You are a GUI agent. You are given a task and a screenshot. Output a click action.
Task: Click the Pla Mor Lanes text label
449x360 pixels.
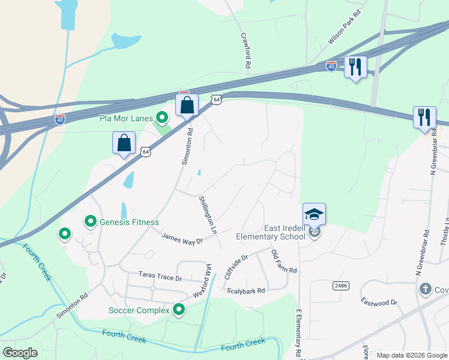tap(126, 118)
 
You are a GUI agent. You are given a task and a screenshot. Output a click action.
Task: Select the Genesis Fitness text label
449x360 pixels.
tap(129, 222)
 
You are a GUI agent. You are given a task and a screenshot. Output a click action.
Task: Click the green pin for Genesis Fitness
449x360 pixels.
tap(91, 222)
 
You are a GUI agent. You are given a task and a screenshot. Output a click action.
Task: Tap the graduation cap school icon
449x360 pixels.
tap(314, 214)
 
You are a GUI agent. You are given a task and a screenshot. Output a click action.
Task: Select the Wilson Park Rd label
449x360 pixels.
tap(345, 28)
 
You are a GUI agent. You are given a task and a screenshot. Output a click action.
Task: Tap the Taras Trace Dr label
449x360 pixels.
tap(160, 278)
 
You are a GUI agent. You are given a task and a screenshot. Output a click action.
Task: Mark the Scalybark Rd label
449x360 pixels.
tap(246, 291)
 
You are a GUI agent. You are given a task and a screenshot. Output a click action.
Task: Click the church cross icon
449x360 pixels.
tap(426, 290)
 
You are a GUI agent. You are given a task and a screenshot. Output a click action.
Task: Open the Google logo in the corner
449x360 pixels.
tap(20, 353)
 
